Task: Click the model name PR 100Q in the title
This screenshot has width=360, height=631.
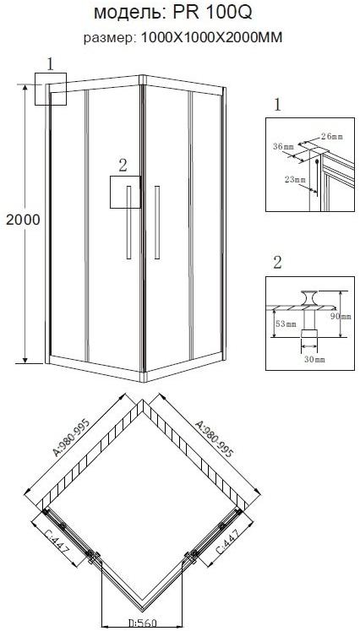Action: (x=215, y=14)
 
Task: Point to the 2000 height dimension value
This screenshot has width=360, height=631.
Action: (x=23, y=220)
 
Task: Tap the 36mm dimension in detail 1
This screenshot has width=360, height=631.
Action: (x=283, y=147)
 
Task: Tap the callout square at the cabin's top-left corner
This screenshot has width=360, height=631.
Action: (x=51, y=88)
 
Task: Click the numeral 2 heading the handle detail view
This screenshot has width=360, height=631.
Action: (x=277, y=261)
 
